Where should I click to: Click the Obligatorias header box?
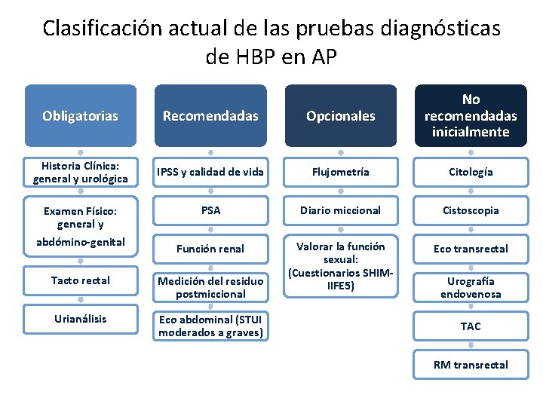coord(80,115)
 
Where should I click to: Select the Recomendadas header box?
coord(210,115)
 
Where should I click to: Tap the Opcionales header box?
coord(340,115)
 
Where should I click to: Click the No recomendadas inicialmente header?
coord(471,115)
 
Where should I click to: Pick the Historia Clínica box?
coord(80,173)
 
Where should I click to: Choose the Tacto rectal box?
coord(80,280)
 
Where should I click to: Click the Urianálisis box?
coord(80,319)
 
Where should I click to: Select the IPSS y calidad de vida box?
coord(210,173)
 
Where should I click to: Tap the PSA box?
coord(210,210)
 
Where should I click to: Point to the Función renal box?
coord(210,249)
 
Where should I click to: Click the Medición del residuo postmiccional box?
coord(210,287)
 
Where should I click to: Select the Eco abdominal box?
coord(210,326)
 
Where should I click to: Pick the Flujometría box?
coord(340,173)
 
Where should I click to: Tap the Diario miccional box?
coord(340,210)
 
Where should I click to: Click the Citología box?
coord(471,173)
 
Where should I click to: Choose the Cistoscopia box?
coord(471,210)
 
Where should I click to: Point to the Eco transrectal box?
coord(471,249)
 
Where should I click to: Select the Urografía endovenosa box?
coord(471,287)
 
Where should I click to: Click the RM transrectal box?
coord(471,365)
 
